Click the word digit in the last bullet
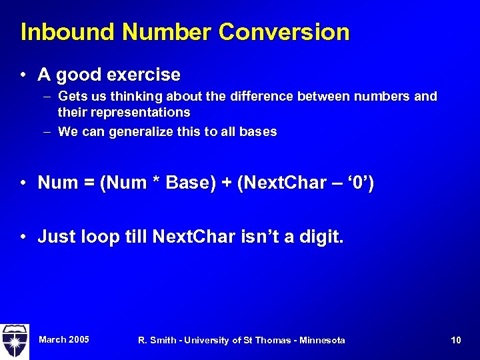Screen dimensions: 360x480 (320, 237)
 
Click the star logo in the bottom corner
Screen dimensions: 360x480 (14, 341)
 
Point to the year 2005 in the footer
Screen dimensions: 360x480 (77, 340)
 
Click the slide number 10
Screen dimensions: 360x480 (456, 341)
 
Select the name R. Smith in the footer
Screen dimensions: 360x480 (157, 341)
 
